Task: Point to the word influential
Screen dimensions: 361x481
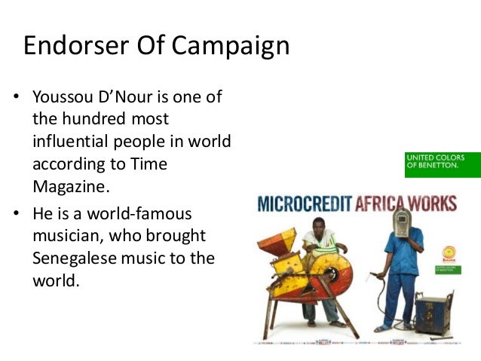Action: (x=82, y=141)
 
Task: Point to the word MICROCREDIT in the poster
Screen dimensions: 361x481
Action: (x=305, y=203)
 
